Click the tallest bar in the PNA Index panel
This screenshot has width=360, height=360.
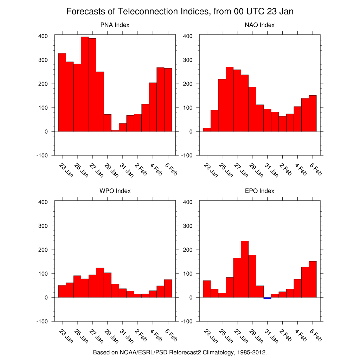(x=85, y=84)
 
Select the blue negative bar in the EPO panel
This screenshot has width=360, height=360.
(x=267, y=298)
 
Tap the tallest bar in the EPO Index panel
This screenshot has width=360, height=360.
(x=245, y=269)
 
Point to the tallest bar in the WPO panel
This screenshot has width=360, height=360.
(x=100, y=283)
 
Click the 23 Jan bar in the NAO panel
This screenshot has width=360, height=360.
(x=207, y=130)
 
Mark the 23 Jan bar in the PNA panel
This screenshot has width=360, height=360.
(x=62, y=92)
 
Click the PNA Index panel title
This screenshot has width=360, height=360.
(x=115, y=25)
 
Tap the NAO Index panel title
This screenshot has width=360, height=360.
(x=259, y=25)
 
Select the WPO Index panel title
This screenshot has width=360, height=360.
(x=115, y=191)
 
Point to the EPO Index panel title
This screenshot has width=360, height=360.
(x=259, y=191)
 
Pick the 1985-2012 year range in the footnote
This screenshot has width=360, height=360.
(x=251, y=352)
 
